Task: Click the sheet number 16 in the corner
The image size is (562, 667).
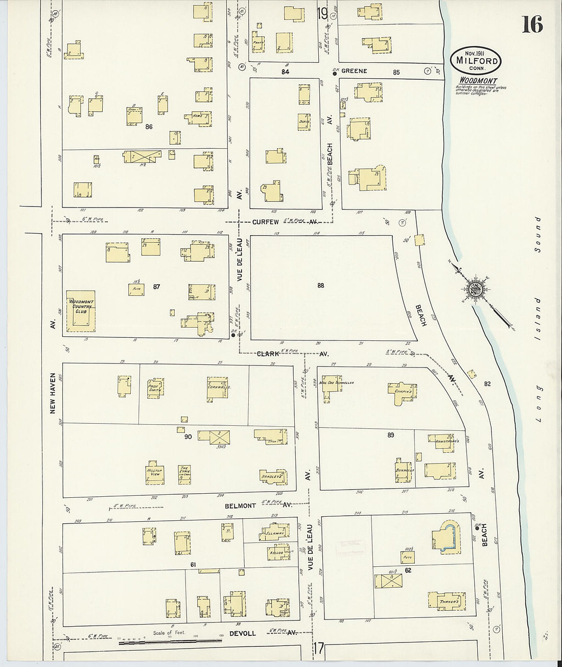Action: coord(532,24)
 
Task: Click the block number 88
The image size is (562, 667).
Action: coord(320,286)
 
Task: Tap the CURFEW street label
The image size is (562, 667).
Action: coord(265,222)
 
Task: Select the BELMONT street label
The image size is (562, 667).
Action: coord(240,505)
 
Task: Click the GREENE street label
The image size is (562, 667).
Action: coord(354,71)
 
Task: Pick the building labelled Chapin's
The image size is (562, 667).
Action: coord(406,391)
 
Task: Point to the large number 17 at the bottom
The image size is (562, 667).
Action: coord(319,651)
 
